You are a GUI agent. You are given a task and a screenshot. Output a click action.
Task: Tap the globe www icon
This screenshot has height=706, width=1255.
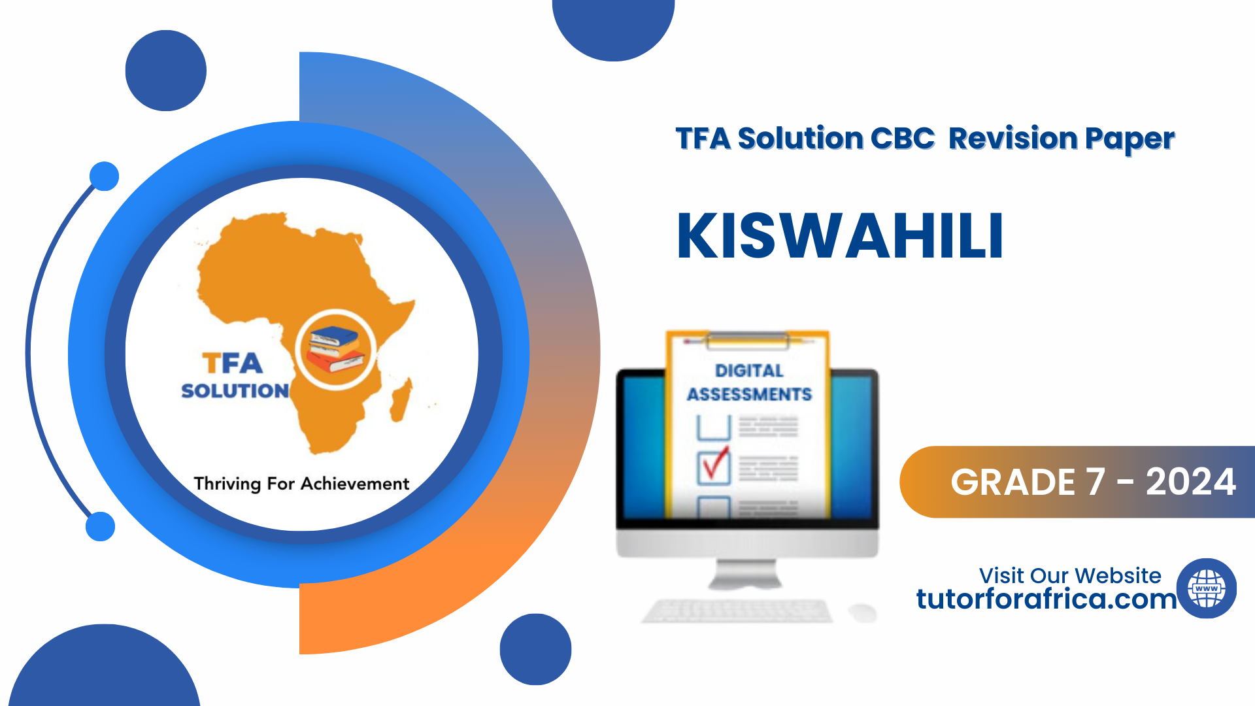point(1206,588)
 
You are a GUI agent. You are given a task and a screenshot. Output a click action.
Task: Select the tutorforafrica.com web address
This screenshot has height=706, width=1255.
point(1046,599)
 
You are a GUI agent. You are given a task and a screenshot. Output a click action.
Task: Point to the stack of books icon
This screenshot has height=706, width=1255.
point(335,350)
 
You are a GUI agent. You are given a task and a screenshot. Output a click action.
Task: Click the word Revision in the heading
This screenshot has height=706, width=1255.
point(1012,139)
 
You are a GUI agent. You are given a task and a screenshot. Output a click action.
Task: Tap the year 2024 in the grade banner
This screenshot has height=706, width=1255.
point(1190,482)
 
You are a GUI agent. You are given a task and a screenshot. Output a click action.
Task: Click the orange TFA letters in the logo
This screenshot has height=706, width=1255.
point(232,363)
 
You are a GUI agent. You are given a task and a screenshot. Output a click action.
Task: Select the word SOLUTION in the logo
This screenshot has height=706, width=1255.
point(235,391)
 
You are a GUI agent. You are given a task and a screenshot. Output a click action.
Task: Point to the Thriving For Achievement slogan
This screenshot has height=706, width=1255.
point(301,484)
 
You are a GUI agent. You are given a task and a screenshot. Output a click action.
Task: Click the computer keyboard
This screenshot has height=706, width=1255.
point(737,611)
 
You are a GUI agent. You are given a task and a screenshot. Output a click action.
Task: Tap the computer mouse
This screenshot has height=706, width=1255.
point(862,613)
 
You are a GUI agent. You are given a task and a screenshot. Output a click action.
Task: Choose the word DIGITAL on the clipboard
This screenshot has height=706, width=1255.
point(749,371)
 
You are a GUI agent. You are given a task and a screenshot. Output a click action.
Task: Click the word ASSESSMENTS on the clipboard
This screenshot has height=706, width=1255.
point(749,394)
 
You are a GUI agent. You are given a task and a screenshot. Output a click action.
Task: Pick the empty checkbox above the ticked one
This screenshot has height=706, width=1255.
point(714,428)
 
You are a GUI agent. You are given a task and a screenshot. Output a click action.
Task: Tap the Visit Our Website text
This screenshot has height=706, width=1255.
point(1070,575)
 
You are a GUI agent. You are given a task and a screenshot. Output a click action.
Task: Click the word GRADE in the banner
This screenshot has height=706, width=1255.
point(1013,482)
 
